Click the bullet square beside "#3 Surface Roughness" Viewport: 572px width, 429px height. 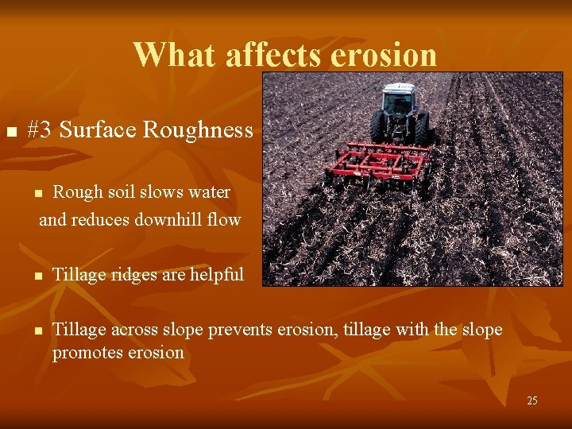pos(10,131)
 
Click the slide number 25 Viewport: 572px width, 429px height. pos(531,400)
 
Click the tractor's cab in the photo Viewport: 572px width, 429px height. pos(398,102)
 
